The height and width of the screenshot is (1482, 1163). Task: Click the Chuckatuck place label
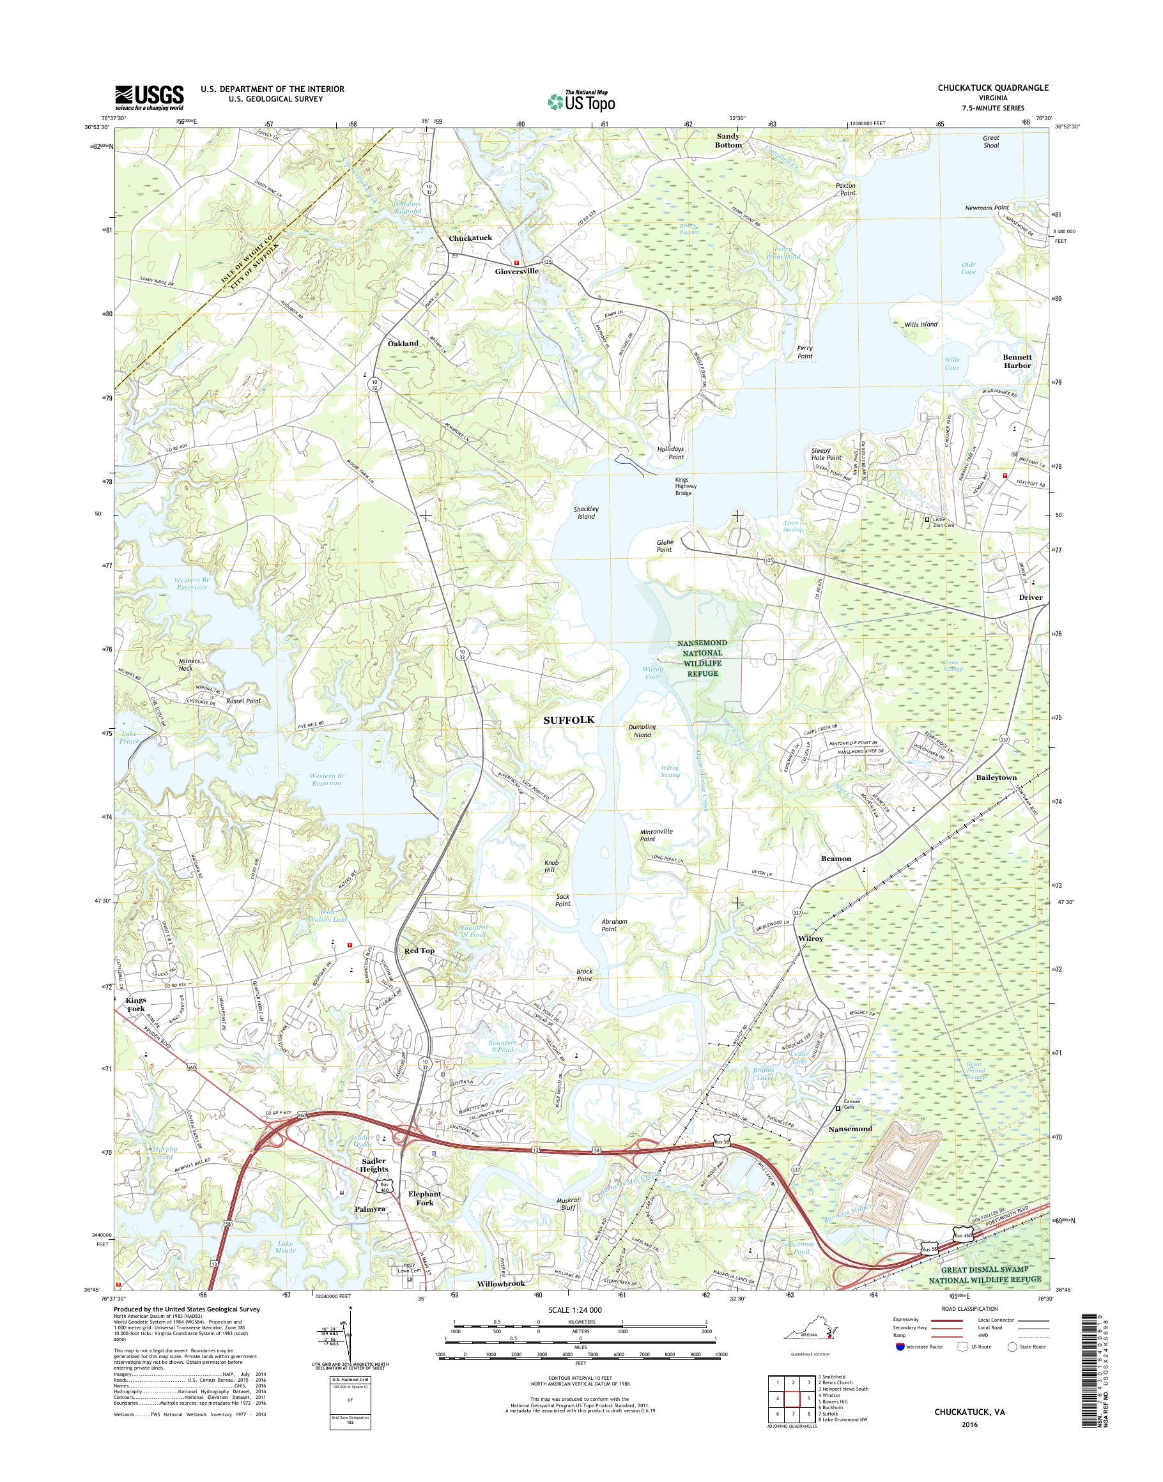470,238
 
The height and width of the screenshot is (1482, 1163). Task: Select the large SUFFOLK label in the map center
569,719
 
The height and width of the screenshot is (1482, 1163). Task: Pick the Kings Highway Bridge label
683,486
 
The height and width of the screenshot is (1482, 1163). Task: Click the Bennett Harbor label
1017,361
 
